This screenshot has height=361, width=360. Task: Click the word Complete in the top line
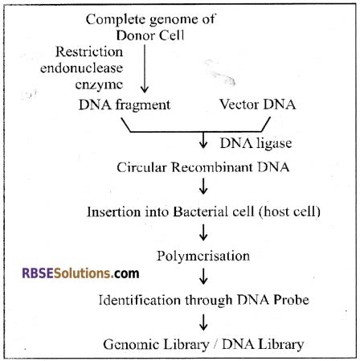coord(116,20)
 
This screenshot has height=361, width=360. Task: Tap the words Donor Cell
coord(150,35)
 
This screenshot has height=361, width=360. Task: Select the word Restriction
coord(89,51)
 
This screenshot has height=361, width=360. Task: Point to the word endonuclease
coord(82,68)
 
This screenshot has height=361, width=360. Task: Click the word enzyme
coord(99,84)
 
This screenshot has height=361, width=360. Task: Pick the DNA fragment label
coord(125,105)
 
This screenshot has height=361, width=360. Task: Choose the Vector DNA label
coord(258,105)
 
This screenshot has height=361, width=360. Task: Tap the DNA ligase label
coord(256,143)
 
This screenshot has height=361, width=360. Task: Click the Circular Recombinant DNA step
coord(203,167)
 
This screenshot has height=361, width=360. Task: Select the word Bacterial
coord(213,211)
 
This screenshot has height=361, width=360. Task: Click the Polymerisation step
coord(203,256)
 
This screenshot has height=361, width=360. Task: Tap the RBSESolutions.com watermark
coord(80,273)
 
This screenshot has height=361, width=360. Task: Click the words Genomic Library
coord(156,344)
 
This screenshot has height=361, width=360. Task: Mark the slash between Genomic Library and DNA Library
coord(215,344)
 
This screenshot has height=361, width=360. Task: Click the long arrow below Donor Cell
coord(145,68)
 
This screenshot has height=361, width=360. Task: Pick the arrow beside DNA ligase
coord(203,140)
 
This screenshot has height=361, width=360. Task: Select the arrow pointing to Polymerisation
coord(203,232)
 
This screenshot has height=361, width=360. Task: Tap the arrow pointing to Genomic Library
coord(203,322)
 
